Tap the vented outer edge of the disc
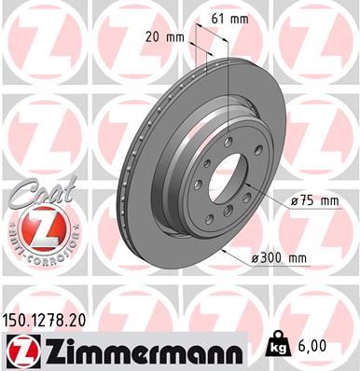point(124,186)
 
